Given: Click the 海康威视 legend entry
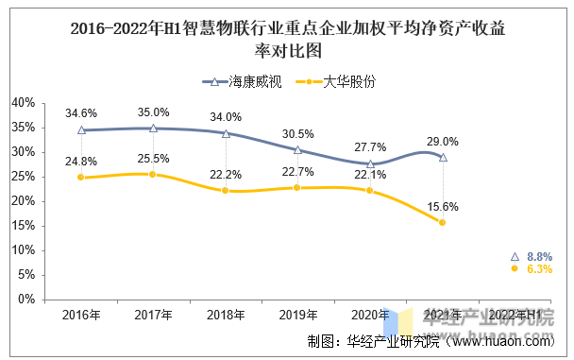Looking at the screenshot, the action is [242, 81].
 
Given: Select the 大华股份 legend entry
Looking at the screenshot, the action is [336, 81].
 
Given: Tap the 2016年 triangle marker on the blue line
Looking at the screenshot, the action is [81, 130].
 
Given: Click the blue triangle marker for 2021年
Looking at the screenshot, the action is [443, 158].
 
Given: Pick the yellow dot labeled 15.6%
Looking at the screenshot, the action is [442, 222].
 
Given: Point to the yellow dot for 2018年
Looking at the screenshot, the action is [225, 191].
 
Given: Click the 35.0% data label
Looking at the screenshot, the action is [153, 112].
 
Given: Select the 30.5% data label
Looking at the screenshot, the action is [297, 134].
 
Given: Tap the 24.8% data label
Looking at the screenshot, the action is [81, 162].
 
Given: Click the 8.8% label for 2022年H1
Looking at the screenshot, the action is [540, 256].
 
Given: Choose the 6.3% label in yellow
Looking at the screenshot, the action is [540, 269].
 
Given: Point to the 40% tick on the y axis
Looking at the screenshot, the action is [23, 103].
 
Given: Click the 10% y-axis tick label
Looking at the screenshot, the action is [23, 250].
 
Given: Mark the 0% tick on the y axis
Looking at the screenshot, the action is [26, 300].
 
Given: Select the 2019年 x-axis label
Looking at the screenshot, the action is [298, 315].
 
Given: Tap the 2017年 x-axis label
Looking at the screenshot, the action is [153, 315].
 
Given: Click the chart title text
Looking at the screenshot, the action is [288, 39].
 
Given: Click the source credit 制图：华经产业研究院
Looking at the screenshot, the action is [374, 341].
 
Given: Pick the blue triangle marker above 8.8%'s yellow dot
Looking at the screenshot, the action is [515, 256].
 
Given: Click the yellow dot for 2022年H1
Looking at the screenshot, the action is [515, 268].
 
